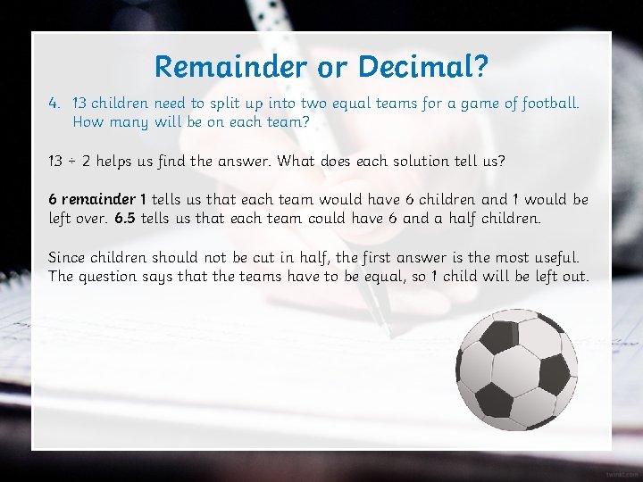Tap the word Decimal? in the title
coord(422,66)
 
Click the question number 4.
coord(54,104)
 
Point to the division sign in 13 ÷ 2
coord(72,162)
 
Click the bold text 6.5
coord(126,219)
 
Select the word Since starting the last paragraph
coord(69,257)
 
